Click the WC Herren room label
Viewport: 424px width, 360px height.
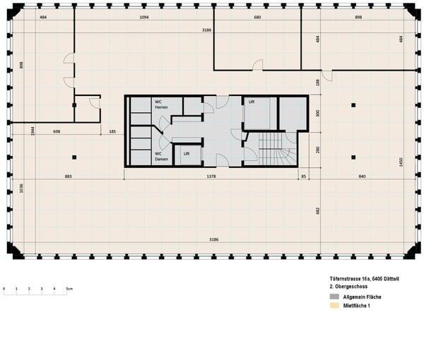pyautogui.click(x=161, y=104)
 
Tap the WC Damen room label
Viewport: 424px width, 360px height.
pyautogui.click(x=160, y=156)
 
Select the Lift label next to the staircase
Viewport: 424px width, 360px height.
pyautogui.click(x=251, y=102)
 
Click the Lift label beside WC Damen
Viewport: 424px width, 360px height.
pyautogui.click(x=186, y=152)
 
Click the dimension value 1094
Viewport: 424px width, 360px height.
pyautogui.click(x=144, y=16)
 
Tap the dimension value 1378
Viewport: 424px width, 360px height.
pyautogui.click(x=211, y=175)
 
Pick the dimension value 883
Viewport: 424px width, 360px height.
pyautogui.click(x=69, y=175)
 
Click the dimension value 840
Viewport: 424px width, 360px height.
pyautogui.click(x=362, y=175)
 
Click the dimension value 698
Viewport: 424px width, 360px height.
pyautogui.click(x=57, y=132)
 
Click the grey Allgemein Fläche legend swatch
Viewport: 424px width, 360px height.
pyautogui.click(x=334, y=299)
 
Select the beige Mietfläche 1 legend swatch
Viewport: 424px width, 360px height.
pyautogui.click(x=334, y=307)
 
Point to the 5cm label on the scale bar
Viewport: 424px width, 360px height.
pyautogui.click(x=70, y=289)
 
